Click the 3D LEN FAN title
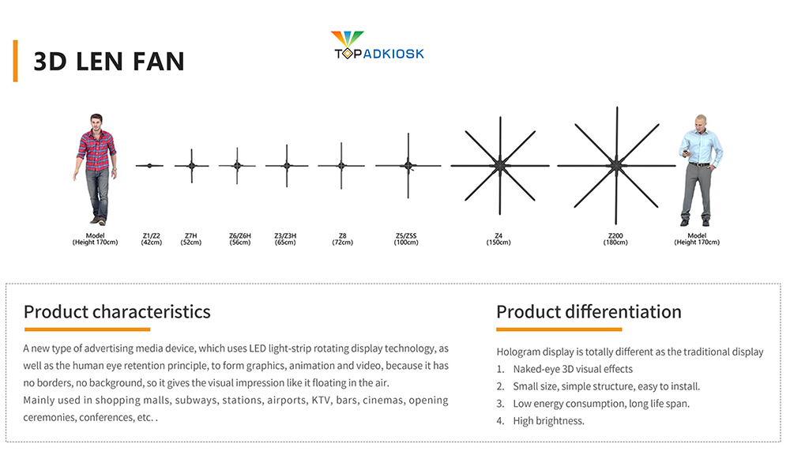[109, 62]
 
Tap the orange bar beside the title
[16, 61]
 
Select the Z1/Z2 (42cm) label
[151, 239]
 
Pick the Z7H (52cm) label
[191, 239]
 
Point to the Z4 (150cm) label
[498, 239]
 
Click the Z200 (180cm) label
[615, 239]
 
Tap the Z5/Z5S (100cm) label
[406, 239]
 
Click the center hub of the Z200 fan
[615, 165]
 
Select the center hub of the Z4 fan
[500, 165]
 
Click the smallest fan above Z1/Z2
[149, 165]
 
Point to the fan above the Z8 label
[341, 165]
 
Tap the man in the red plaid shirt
[96, 169]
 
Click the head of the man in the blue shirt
[701, 122]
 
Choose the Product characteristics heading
[117, 312]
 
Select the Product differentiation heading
[589, 312]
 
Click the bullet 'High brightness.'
[549, 420]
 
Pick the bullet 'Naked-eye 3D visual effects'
[573, 369]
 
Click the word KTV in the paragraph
[322, 400]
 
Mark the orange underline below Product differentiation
[559, 329]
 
